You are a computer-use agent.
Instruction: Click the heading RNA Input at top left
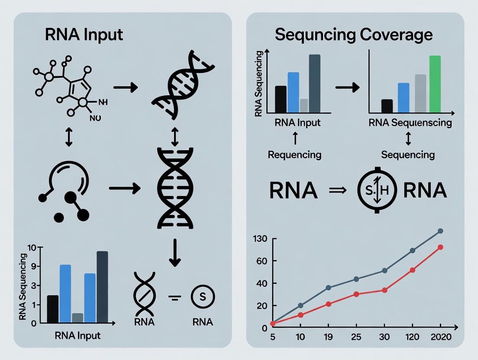point(84,35)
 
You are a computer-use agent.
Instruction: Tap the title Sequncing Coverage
point(354,35)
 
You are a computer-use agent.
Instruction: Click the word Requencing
point(295,154)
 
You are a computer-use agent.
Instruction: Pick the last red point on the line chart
point(440,247)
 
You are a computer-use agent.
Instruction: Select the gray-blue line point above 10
point(300,305)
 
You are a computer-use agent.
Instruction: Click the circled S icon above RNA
point(203,297)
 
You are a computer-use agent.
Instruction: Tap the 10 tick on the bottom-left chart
point(33,247)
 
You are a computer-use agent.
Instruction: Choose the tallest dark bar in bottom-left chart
point(102,287)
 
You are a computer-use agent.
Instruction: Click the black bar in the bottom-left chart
point(52,309)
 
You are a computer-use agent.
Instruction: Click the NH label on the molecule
point(103,103)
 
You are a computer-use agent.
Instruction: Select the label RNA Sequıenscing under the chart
point(410,122)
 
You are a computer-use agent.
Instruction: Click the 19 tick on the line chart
point(328,337)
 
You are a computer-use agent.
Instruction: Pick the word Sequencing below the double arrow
point(408,154)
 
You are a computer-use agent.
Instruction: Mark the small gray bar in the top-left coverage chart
point(304,106)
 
